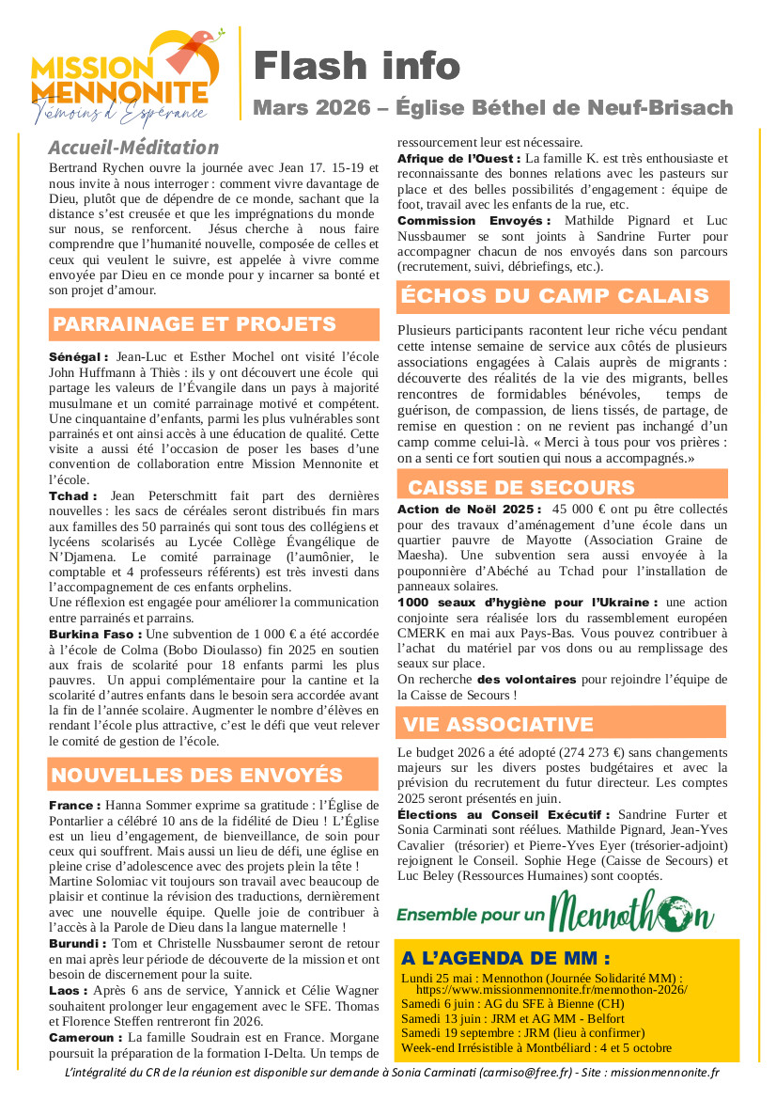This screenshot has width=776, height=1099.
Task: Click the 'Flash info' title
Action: [357, 65]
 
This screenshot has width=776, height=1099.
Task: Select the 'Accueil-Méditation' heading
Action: [133, 148]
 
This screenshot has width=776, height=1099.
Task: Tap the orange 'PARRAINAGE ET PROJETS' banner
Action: [194, 325]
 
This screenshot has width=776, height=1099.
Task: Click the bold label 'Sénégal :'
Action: [79, 357]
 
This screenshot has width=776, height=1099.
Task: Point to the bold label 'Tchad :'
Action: [73, 495]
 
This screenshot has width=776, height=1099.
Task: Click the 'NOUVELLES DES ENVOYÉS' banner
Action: [197, 776]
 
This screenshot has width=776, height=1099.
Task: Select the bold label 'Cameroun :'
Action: [85, 1036]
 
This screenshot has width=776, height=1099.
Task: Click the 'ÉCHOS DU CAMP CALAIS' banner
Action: [554, 297]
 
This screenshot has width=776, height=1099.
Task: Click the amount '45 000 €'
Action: [581, 509]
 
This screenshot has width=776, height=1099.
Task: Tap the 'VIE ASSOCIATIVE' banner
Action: [498, 724]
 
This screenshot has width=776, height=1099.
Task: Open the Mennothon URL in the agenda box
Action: [551, 990]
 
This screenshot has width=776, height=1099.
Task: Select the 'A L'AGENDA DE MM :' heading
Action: [505, 959]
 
